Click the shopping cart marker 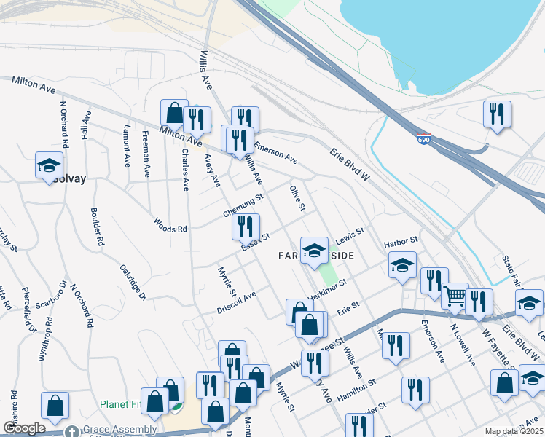[455, 296]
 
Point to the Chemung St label [243, 206]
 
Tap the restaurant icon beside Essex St [246, 227]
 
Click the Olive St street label [297, 199]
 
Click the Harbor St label [401, 240]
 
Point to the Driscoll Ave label [237, 302]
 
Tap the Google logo [24, 428]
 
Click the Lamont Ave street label [127, 145]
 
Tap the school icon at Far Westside [314, 251]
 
